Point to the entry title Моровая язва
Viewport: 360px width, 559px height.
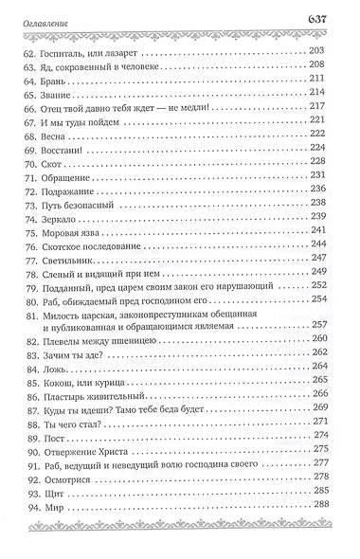pos(93,230)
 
